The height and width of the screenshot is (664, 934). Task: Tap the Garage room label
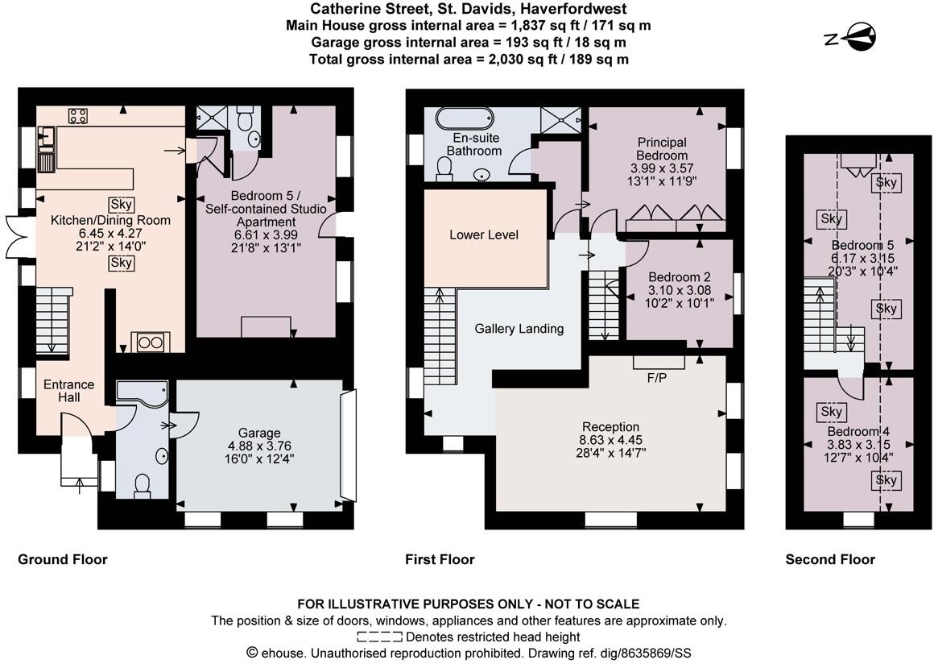point(259,432)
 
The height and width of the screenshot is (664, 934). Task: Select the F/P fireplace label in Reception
point(657,377)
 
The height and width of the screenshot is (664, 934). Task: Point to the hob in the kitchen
point(78,116)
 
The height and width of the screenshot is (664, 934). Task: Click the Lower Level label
point(484,234)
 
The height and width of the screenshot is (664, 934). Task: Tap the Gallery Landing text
point(519,328)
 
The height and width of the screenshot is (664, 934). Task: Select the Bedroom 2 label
point(679,276)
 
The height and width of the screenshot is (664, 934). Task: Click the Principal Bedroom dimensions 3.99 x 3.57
point(662,168)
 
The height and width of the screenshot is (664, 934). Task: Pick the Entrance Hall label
point(68,391)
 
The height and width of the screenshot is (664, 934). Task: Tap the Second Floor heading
point(830,559)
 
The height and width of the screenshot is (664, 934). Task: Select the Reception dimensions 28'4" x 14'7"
point(610,453)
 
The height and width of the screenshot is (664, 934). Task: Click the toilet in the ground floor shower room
point(143,485)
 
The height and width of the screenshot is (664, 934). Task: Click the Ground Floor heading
point(63,559)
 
